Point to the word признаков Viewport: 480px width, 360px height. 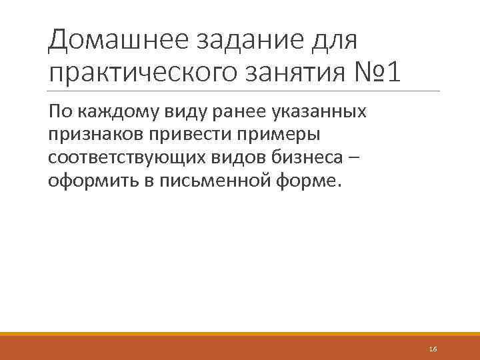[x=91, y=135]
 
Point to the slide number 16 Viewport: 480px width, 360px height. [x=433, y=349]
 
